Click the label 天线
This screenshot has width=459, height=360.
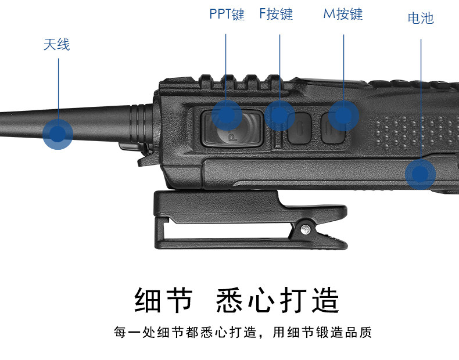tap(56, 44)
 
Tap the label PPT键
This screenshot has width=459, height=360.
tap(227, 14)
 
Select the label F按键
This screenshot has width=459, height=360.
tap(276, 14)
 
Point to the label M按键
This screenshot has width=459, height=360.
tap(343, 14)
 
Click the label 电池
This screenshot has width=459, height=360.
tap(421, 18)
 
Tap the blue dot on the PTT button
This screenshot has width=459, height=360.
tap(227, 114)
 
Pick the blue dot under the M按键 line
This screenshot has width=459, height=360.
tap(344, 114)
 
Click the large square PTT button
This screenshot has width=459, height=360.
tap(231, 129)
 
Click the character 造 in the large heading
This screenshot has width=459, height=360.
tap(324, 300)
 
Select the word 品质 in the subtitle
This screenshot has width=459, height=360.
tap(359, 333)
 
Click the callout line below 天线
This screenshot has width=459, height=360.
tap(58, 87)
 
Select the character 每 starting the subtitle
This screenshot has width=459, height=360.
tap(120, 333)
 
